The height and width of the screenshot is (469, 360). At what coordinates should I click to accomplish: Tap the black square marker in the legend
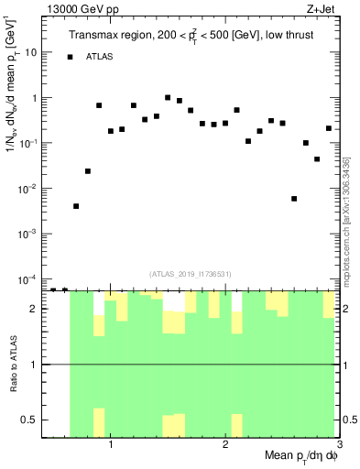pos(70,57)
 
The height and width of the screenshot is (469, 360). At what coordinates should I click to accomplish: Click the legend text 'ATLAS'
pos(101,57)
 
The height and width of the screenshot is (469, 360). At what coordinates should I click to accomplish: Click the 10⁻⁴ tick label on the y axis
pos(28,278)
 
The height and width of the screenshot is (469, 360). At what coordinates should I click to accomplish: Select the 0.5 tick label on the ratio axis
pos(29,420)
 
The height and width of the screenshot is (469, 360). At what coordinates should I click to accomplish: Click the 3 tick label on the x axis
pos(339,445)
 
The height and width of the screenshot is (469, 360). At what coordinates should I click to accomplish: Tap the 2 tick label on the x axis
pos(225,445)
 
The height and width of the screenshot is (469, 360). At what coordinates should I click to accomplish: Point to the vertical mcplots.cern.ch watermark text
pos(349,211)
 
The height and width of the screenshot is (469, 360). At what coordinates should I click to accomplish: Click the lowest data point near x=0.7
pos(76,206)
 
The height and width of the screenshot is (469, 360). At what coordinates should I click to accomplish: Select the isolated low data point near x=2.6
pos(294,199)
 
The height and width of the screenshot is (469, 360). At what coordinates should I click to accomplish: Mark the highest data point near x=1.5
pos(168,97)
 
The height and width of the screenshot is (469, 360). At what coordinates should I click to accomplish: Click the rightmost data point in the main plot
pos(329,128)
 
